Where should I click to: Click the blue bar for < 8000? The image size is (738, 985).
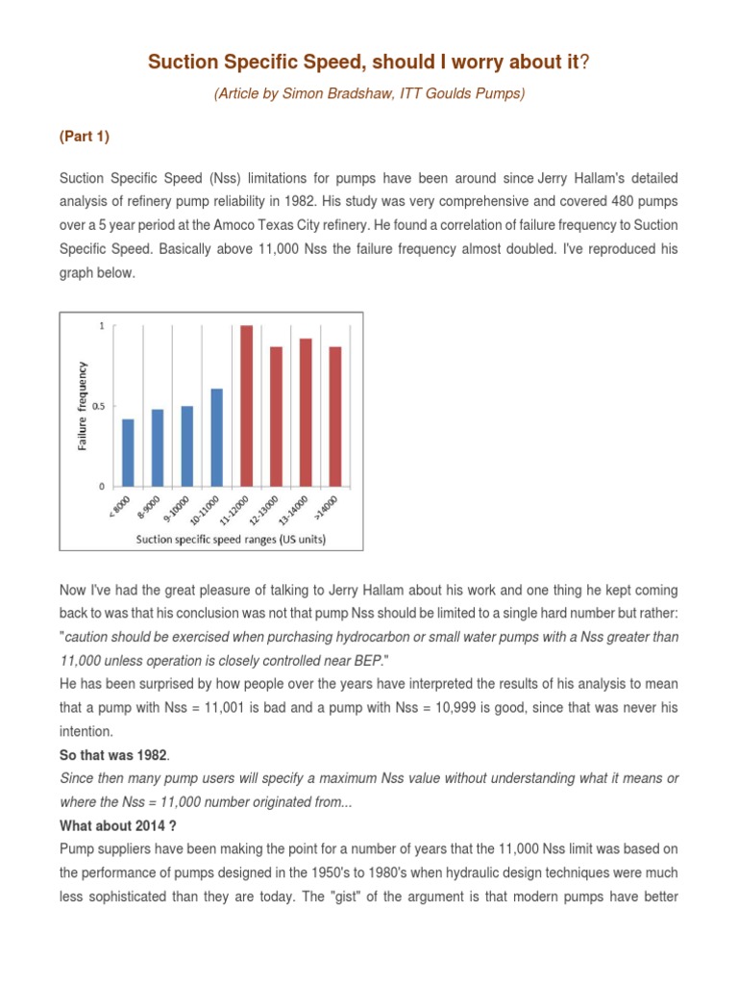click(x=129, y=452)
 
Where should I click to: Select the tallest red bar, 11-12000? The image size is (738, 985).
click(x=246, y=406)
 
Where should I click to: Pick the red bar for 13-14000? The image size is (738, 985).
click(x=306, y=412)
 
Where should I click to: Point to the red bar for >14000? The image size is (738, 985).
click(x=335, y=416)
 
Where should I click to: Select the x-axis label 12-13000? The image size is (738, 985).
click(x=264, y=511)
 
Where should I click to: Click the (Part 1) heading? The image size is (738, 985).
click(x=85, y=137)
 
